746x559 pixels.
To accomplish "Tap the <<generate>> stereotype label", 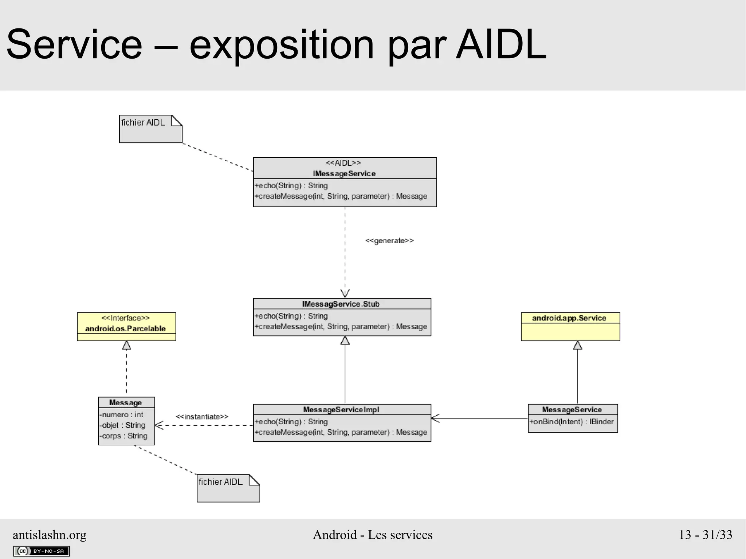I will click(389, 241).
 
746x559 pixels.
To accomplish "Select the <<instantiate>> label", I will click(202, 417).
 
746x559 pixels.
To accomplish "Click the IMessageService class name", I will click(344, 173).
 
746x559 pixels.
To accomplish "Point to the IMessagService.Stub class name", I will click(341, 304).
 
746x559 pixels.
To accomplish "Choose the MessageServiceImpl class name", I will click(341, 410).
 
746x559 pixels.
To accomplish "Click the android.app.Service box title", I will click(569, 318).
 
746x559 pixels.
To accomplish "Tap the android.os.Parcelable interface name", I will click(125, 328).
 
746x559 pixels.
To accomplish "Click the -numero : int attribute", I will click(121, 414).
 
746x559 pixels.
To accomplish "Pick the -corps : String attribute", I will click(123, 436).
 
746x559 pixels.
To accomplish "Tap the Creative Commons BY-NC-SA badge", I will click(41, 551).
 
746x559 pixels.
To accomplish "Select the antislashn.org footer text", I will click(50, 535).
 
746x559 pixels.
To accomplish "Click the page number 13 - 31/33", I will click(705, 535).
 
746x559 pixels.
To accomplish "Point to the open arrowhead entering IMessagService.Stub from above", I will click(345, 294).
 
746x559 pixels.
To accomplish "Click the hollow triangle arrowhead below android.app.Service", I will click(578, 345).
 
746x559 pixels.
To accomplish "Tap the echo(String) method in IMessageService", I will click(291, 186).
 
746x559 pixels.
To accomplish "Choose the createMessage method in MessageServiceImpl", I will click(341, 432).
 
